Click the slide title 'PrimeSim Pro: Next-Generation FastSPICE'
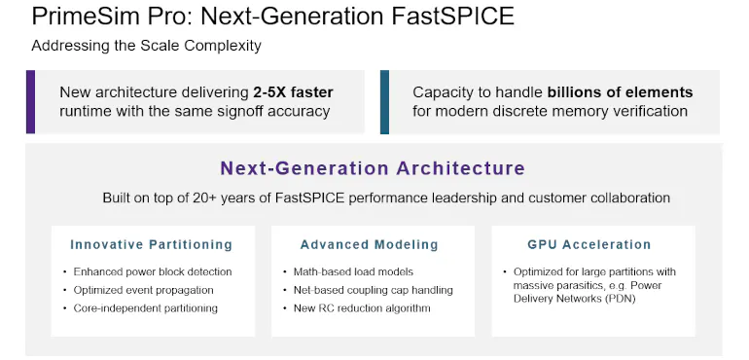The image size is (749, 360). pyautogui.click(x=273, y=17)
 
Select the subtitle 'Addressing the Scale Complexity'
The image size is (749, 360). pyautogui.click(x=146, y=46)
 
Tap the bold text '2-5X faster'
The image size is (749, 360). pyautogui.click(x=289, y=92)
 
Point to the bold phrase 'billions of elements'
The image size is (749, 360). pyautogui.click(x=620, y=92)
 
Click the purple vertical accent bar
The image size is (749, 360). pyautogui.click(x=31, y=101)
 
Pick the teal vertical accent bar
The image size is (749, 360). pyautogui.click(x=385, y=101)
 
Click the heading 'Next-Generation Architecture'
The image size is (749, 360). pyautogui.click(x=373, y=168)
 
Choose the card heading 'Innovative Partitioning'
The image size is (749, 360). pyautogui.click(x=151, y=244)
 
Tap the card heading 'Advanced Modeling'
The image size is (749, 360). pyautogui.click(x=369, y=244)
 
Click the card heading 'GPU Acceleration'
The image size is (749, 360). pyautogui.click(x=588, y=244)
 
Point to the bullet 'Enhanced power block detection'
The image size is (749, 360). pyautogui.click(x=153, y=271)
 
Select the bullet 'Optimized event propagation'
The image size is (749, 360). pyautogui.click(x=143, y=290)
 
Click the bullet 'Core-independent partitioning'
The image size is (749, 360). pyautogui.click(x=146, y=308)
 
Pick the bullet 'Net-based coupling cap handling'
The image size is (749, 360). pyautogui.click(x=373, y=290)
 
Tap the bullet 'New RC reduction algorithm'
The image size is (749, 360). pyautogui.click(x=362, y=308)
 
